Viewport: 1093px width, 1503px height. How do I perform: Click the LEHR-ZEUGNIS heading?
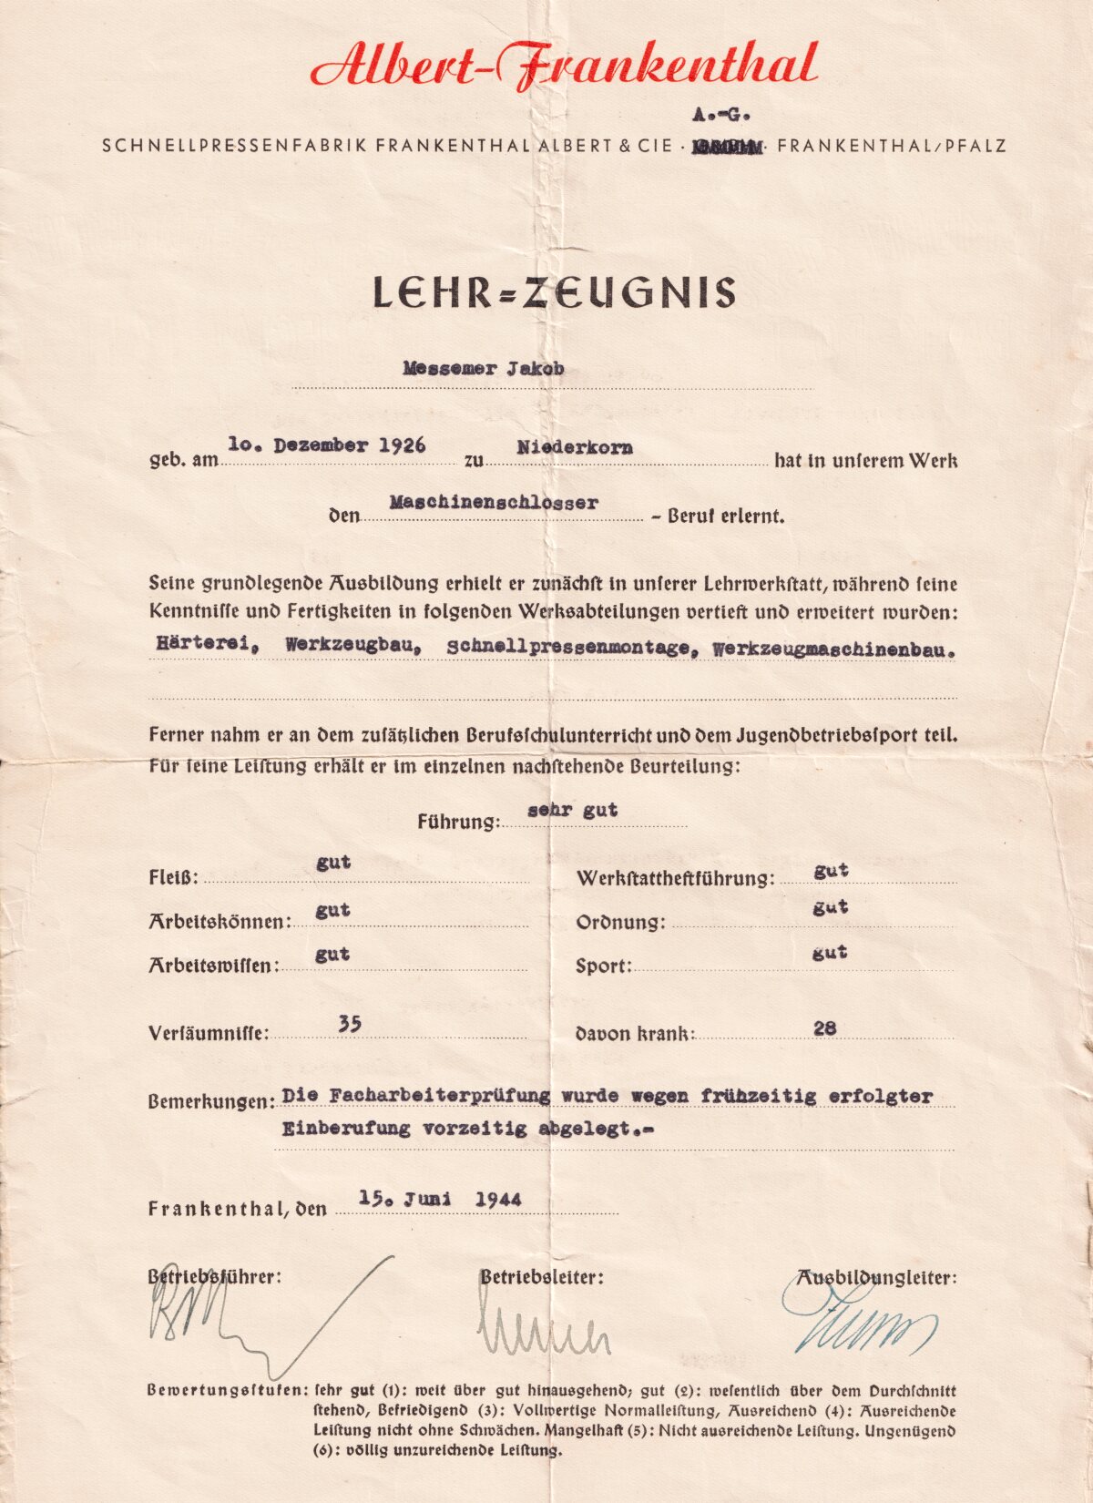pyautogui.click(x=554, y=292)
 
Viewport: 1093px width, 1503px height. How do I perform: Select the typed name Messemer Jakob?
pyautogui.click(x=483, y=369)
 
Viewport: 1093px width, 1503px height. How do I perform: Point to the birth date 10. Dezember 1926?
pyautogui.click(x=327, y=445)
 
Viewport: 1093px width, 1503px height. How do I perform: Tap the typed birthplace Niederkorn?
pyautogui.click(x=575, y=447)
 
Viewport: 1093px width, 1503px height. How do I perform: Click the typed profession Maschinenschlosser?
pyautogui.click(x=494, y=502)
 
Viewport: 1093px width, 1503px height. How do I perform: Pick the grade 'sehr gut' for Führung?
pyautogui.click(x=572, y=809)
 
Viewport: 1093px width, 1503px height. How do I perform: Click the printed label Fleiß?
pyautogui.click(x=173, y=879)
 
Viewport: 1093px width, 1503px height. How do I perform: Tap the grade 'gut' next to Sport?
pyautogui.click(x=830, y=952)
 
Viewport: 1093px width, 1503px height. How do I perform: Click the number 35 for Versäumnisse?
pyautogui.click(x=350, y=1024)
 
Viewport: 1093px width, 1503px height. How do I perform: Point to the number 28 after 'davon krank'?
pyautogui.click(x=824, y=1028)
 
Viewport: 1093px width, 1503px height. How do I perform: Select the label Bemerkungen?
pyautogui.click(x=210, y=1101)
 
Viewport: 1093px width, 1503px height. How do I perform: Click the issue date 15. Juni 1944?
pyautogui.click(x=440, y=1199)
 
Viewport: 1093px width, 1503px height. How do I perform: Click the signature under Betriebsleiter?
pyautogui.click(x=543, y=1332)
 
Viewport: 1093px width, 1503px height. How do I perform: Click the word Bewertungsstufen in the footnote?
pyautogui.click(x=226, y=1391)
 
